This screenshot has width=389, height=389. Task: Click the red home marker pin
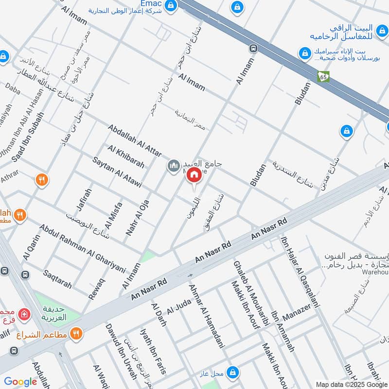(194, 176)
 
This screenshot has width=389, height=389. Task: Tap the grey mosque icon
(173, 166)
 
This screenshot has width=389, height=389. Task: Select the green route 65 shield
(324, 76)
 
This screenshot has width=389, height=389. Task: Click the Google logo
(21, 382)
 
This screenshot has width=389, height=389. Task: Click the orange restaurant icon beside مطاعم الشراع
(76, 334)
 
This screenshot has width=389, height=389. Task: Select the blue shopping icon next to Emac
(171, 6)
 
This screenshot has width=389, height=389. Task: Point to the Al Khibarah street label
(126, 157)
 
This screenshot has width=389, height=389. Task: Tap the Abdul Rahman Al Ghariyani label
(83, 248)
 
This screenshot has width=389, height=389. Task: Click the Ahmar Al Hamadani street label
(207, 316)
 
